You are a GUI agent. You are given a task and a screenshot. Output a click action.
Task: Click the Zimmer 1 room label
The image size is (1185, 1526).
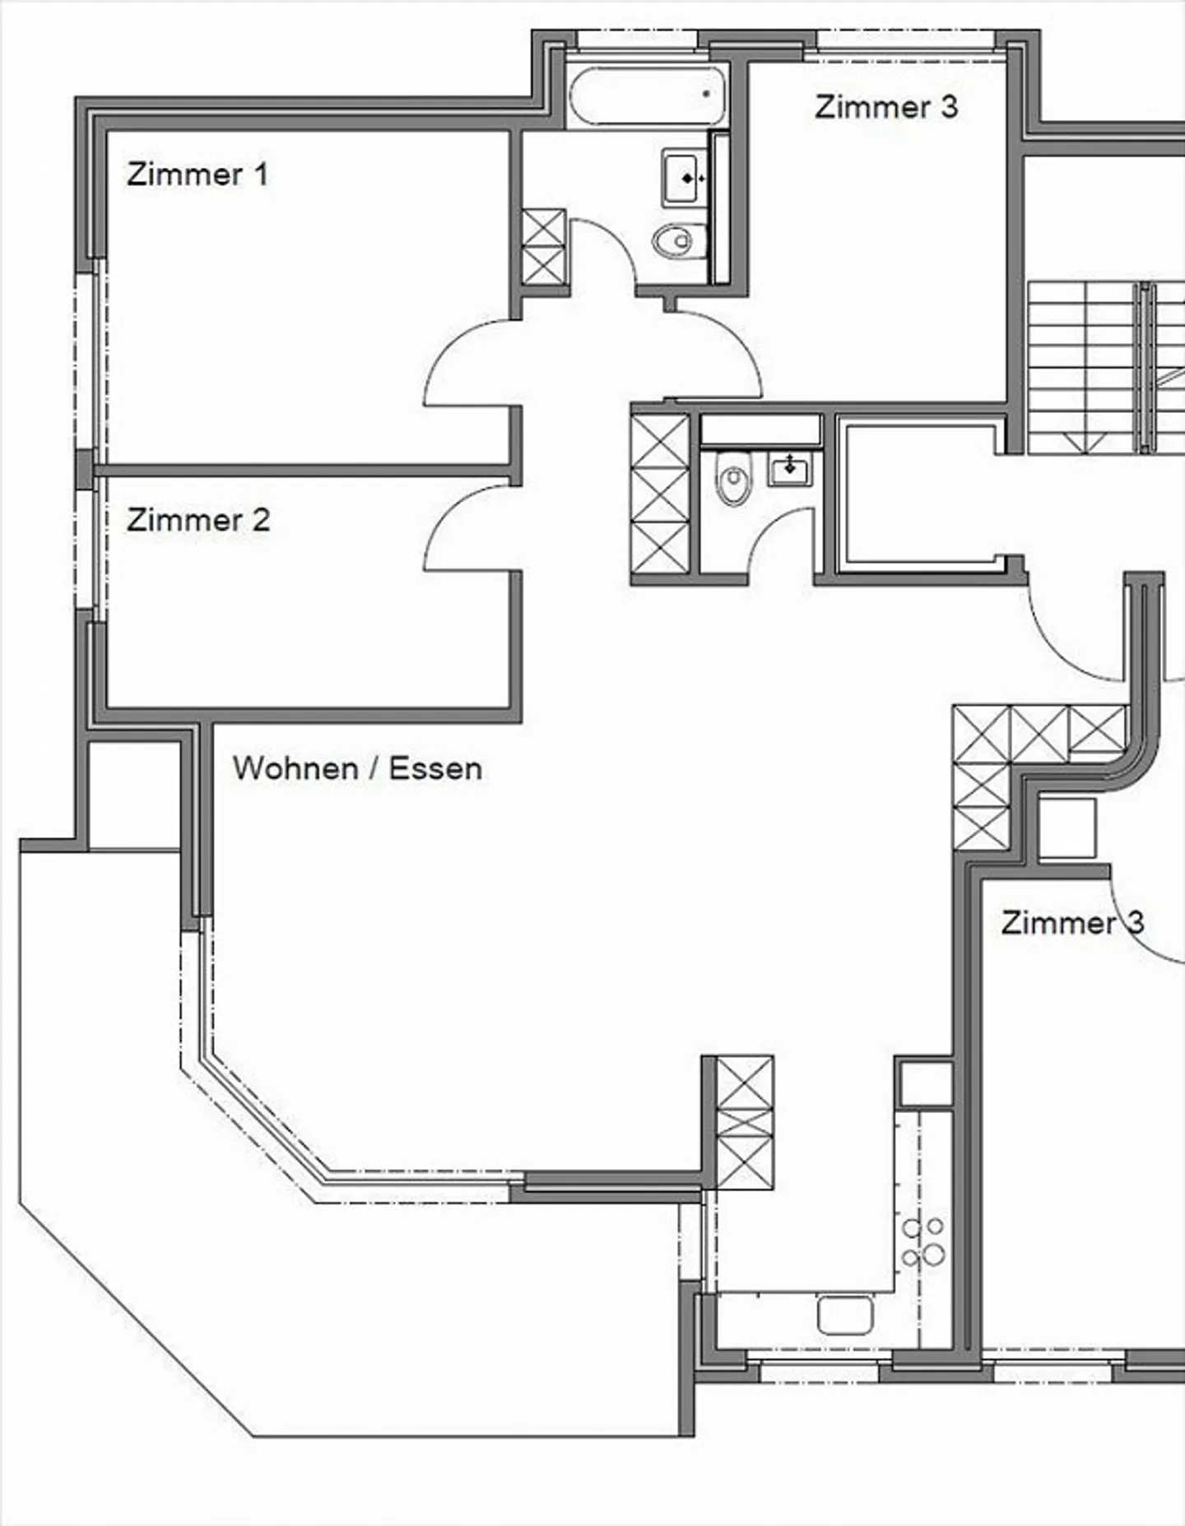pyautogui.click(x=197, y=174)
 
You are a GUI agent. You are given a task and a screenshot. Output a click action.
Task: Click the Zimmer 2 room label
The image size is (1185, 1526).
pyautogui.click(x=198, y=520)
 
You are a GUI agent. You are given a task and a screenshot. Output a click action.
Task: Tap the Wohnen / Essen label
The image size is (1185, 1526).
pyautogui.click(x=357, y=768)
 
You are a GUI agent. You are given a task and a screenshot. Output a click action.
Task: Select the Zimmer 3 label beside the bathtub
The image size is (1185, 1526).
pyautogui.click(x=886, y=107)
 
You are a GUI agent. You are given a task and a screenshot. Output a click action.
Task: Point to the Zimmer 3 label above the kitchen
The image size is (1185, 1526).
pyautogui.click(x=1071, y=922)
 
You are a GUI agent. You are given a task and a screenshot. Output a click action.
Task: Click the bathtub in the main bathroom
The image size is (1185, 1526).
pyautogui.click(x=648, y=97)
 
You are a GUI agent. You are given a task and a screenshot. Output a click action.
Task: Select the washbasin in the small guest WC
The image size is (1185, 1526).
pyautogui.click(x=790, y=470)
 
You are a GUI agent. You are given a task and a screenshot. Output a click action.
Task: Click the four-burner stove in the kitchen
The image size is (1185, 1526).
pyautogui.click(x=923, y=1241)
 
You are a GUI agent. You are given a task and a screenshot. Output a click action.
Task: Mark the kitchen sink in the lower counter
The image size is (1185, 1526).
pyautogui.click(x=844, y=1315)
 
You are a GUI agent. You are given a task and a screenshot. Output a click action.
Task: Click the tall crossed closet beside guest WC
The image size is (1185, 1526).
pyautogui.click(x=660, y=494)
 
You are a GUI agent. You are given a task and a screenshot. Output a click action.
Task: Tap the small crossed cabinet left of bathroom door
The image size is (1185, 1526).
pyautogui.click(x=544, y=247)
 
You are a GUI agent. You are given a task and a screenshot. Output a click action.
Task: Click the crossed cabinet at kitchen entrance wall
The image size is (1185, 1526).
pyautogui.click(x=745, y=1122)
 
